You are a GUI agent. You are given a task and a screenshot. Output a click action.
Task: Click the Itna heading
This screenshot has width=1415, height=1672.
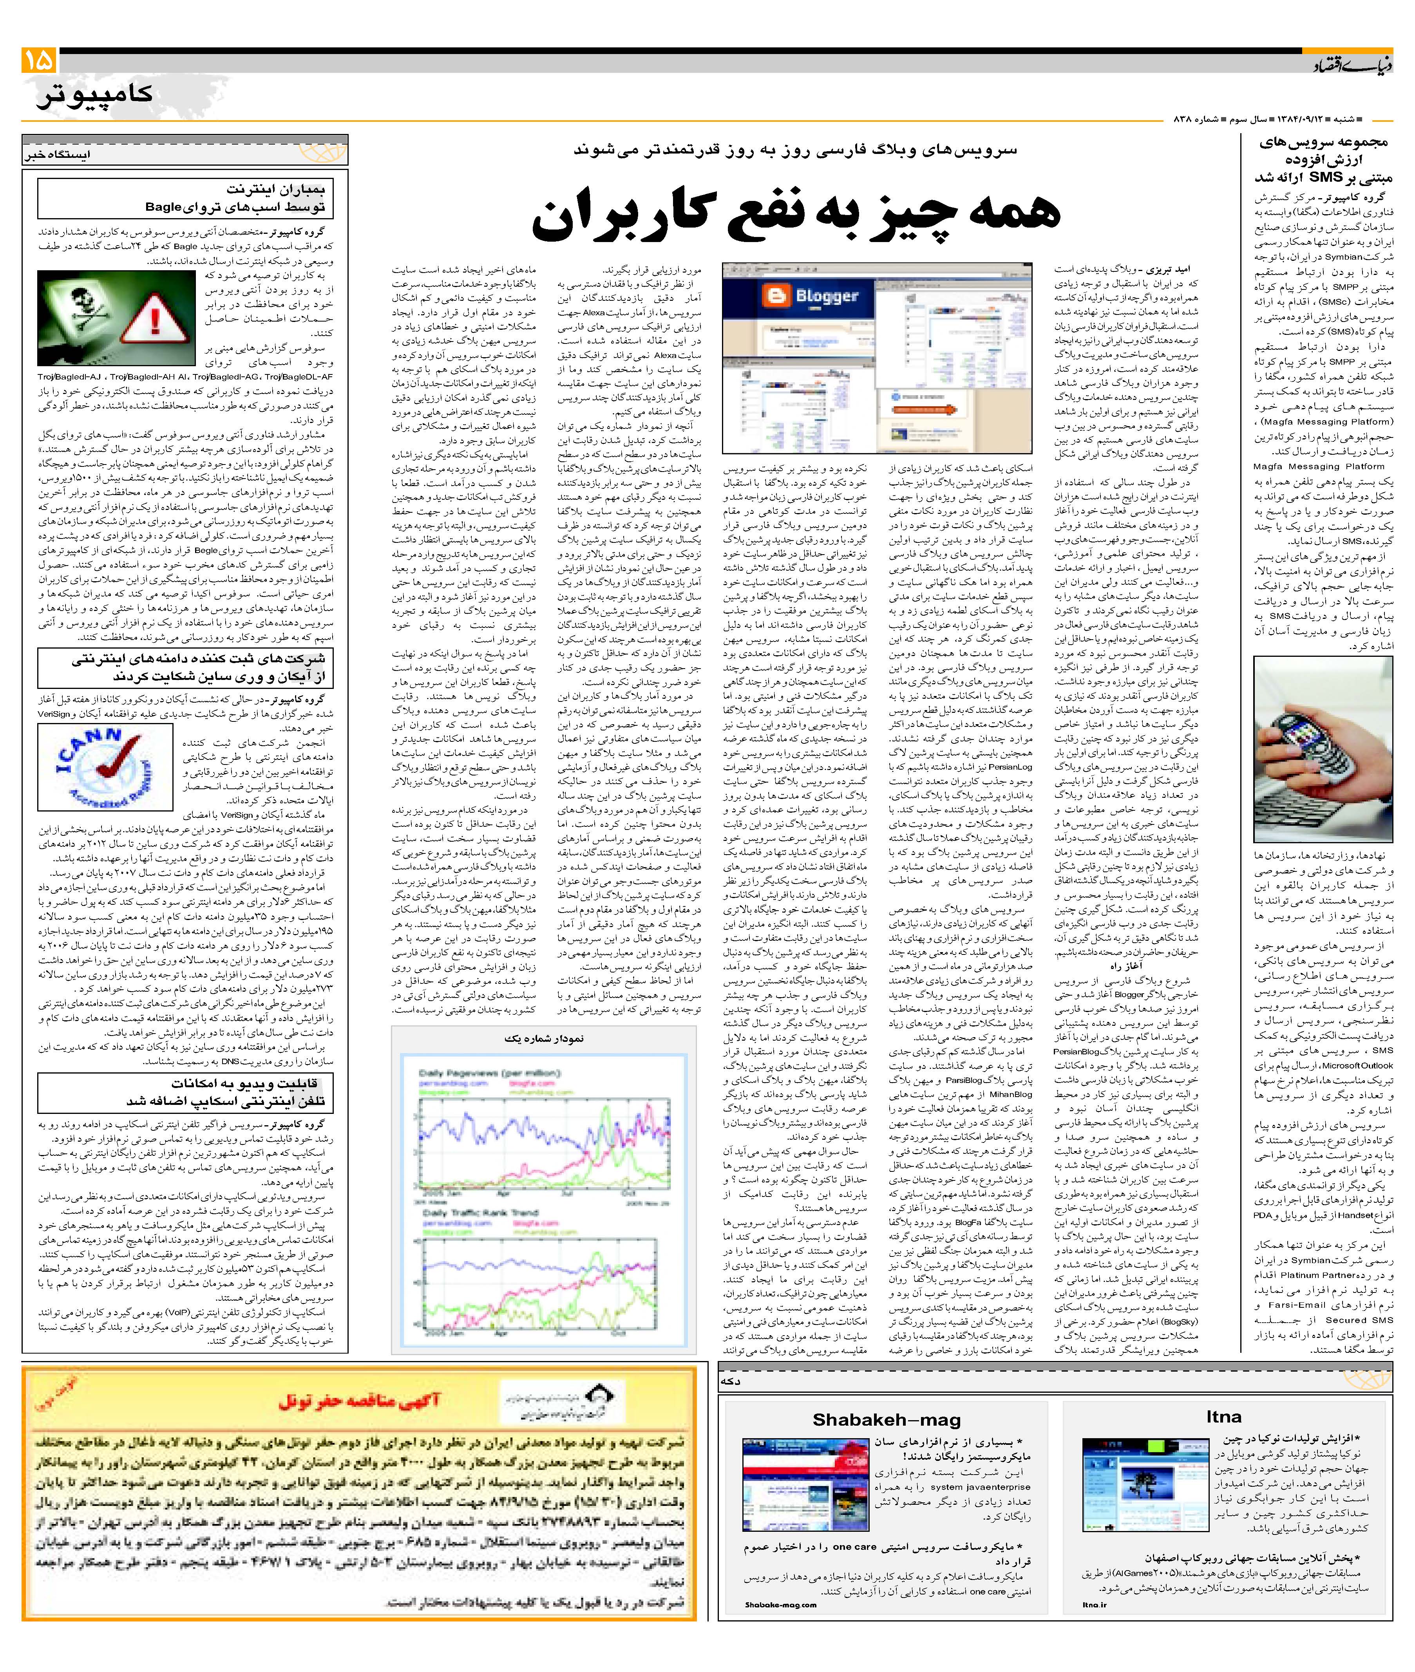coord(1223,1416)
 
